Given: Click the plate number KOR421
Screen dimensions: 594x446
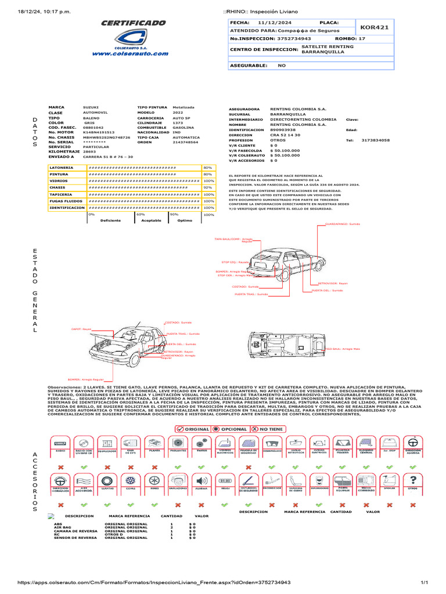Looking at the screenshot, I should click(x=375, y=27).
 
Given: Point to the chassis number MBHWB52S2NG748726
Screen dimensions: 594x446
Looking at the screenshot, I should click(x=107, y=137).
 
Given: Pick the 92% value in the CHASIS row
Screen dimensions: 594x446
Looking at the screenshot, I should click(x=208, y=187).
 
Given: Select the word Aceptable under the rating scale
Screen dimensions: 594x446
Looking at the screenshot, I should click(x=152, y=220).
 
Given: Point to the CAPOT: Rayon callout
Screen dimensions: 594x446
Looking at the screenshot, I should click(x=81, y=329).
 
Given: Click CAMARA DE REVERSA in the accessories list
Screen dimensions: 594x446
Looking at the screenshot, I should click(x=75, y=531).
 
